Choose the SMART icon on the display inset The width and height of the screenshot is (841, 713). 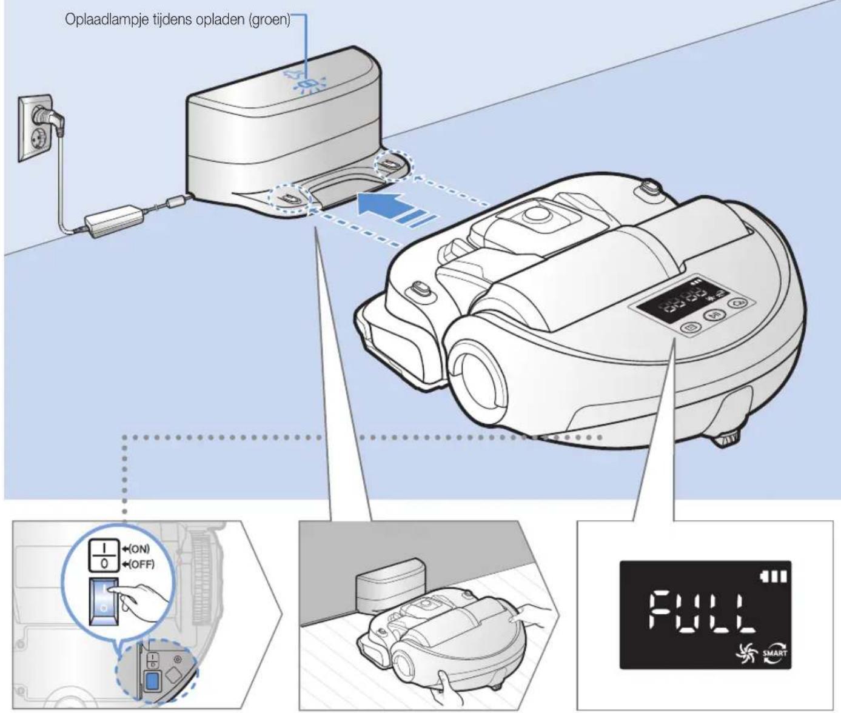(776, 654)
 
